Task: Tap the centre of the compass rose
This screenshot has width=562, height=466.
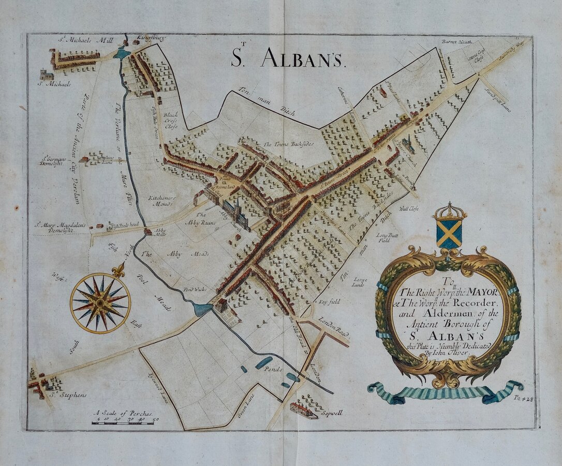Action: pos(100,303)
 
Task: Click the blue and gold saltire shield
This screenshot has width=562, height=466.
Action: pos(449,234)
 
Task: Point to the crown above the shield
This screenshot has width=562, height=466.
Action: pos(450,211)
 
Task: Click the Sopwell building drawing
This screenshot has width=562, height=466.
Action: pos(303,410)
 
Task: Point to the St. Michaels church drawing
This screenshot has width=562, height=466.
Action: pos(46,74)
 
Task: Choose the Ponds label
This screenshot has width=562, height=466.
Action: pos(272,370)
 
